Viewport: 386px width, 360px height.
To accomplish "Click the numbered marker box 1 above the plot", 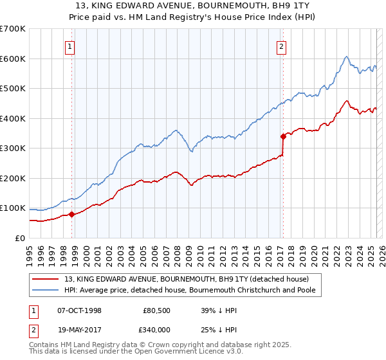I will coord(69,46).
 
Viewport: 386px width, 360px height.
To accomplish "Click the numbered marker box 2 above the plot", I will coord(282,46).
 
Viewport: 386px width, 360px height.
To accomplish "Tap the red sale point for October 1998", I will coord(71,214).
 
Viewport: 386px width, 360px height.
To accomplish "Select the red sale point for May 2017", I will coord(283,136).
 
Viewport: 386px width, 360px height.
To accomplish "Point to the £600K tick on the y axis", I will coord(13,59).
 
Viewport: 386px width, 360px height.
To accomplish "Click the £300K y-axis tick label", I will coord(13,148).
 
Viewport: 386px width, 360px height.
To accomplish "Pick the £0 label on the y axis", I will coord(20,238).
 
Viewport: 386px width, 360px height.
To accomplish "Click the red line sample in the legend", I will coord(46,279).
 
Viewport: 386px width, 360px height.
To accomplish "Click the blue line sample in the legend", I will coord(46,290).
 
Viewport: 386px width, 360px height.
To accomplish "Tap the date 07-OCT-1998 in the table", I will coord(79,310).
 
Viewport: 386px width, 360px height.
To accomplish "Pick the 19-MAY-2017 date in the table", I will coord(79,330).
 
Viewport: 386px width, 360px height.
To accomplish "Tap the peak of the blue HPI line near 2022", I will coord(346,57).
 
